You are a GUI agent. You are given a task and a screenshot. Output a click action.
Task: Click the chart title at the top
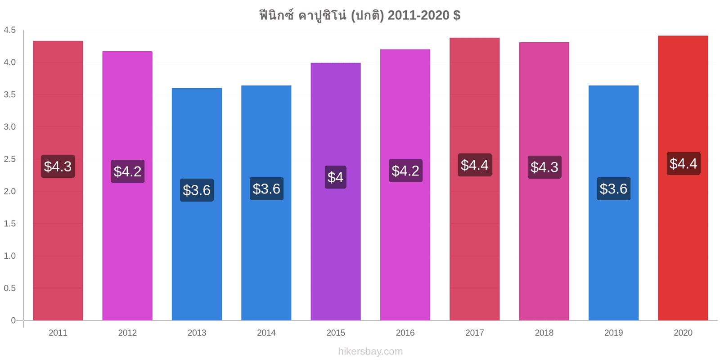[360, 15]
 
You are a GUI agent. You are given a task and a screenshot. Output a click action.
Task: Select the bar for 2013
[197, 204]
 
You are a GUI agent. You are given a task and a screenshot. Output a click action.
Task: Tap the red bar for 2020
[683, 178]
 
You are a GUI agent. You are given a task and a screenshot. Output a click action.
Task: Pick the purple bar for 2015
[336, 192]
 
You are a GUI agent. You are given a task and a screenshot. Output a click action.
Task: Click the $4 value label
[336, 177]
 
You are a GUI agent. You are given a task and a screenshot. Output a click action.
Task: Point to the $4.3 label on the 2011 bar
[58, 166]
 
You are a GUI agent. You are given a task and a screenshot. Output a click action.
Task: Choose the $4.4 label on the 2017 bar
[475, 165]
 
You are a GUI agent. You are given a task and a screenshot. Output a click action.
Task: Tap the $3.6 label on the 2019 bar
[614, 189]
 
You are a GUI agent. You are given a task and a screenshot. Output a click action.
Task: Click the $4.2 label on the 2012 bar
[128, 171]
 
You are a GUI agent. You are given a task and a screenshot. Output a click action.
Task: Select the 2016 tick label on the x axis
[405, 333]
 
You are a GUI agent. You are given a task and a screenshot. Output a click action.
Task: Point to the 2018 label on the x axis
[544, 333]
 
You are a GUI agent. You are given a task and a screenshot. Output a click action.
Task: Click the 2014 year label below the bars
[266, 333]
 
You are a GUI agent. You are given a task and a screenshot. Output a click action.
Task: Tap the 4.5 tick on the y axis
[9, 30]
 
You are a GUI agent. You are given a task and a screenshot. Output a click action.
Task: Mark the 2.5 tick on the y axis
[9, 159]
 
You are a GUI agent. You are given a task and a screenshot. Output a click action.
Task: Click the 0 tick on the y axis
[13, 320]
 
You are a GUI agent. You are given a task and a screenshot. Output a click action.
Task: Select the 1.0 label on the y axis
[9, 256]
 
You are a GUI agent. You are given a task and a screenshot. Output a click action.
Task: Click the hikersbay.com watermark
[370, 351]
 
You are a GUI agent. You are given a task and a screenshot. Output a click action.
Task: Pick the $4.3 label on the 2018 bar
[544, 167]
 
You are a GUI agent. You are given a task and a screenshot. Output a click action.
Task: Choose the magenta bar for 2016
[405, 185]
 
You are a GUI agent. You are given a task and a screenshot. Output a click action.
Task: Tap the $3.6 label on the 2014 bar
[266, 189]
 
